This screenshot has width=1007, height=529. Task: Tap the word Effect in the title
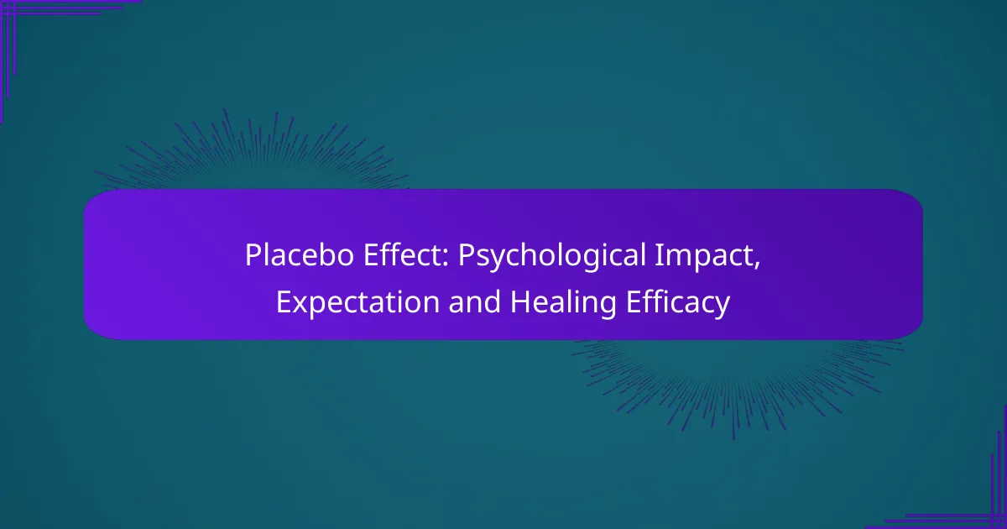click(x=369, y=257)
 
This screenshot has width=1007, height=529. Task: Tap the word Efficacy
click(x=677, y=303)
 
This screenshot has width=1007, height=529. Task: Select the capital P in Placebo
click(x=252, y=257)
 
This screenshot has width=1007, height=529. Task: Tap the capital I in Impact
click(x=678, y=257)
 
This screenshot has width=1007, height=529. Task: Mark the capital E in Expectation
click(x=283, y=303)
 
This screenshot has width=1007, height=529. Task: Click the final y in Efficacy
click(x=723, y=306)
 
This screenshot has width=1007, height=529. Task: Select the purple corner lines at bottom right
click(x=982, y=504)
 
